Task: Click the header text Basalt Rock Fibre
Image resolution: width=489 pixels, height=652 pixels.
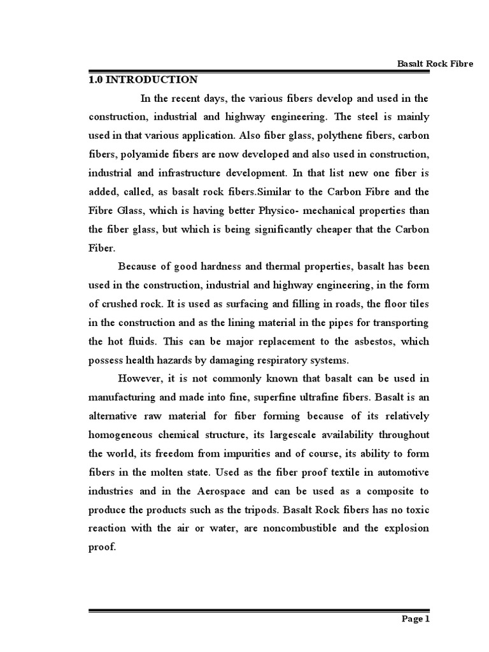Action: tap(435, 64)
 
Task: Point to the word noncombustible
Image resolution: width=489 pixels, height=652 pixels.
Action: tap(322, 528)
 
